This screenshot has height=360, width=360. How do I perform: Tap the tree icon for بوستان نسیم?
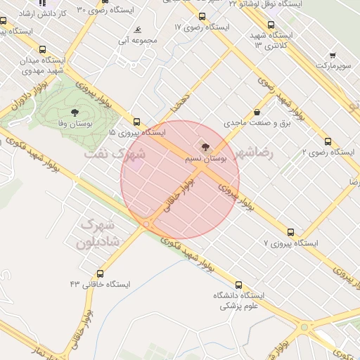[x=205, y=148]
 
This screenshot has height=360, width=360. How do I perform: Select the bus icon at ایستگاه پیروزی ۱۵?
[x=136, y=122]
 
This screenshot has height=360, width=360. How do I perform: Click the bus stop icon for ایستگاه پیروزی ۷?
[x=290, y=232]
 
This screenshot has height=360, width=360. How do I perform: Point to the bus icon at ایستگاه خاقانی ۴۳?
[x=100, y=274]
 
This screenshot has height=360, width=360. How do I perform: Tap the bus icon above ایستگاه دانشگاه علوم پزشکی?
[x=239, y=285]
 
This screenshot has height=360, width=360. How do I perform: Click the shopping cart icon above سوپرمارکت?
[x=332, y=55]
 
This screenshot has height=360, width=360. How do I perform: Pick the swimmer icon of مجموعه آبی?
[x=138, y=30]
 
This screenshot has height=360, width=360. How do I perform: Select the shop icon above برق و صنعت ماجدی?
[x=256, y=112]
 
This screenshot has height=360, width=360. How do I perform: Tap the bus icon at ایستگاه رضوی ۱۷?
[x=202, y=17]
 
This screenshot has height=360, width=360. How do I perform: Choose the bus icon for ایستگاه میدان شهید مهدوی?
[x=43, y=50]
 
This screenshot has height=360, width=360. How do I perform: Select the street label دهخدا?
[x=177, y=104]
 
